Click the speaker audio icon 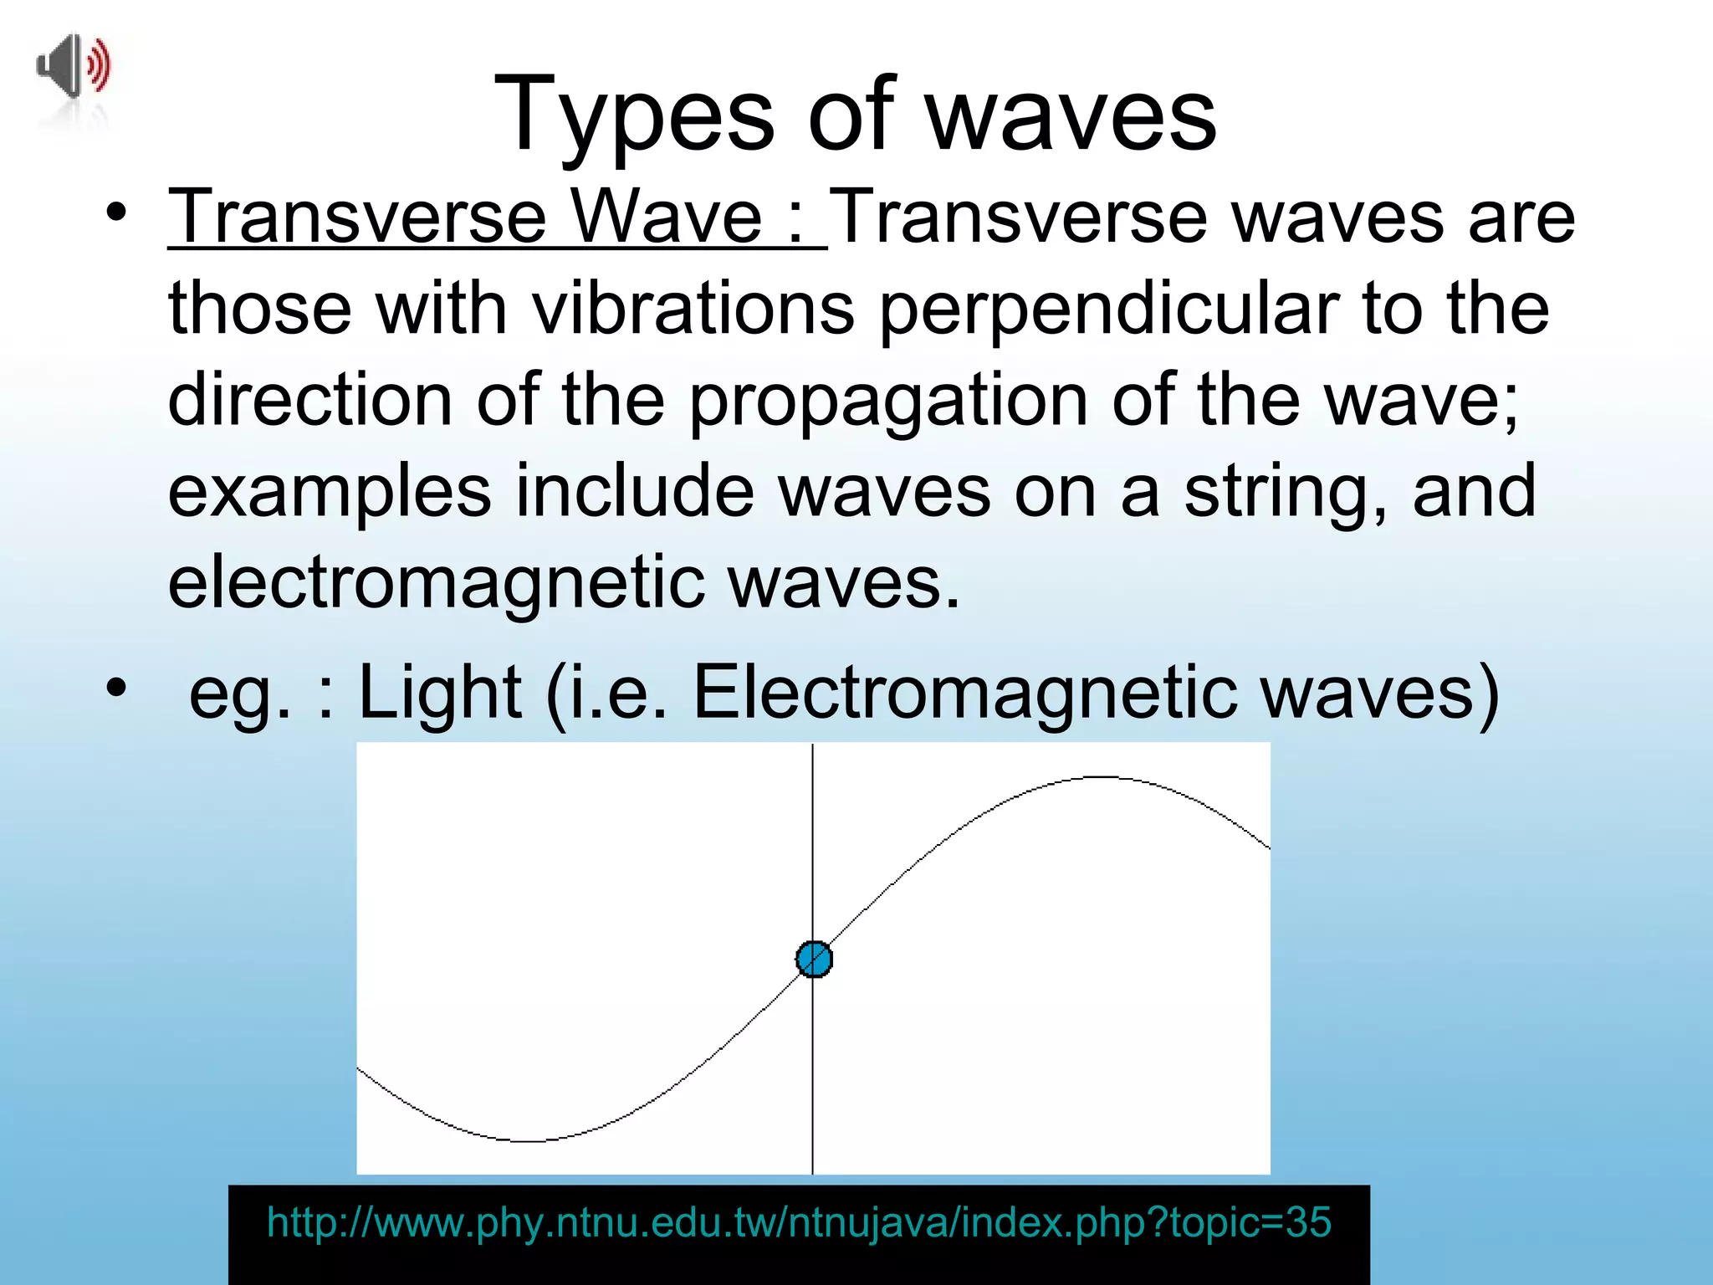74,67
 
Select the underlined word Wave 667,218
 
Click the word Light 441,693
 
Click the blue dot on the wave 814,960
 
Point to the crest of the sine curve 1099,778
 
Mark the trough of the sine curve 529,1140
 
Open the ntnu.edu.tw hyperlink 799,1223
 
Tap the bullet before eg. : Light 116,688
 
